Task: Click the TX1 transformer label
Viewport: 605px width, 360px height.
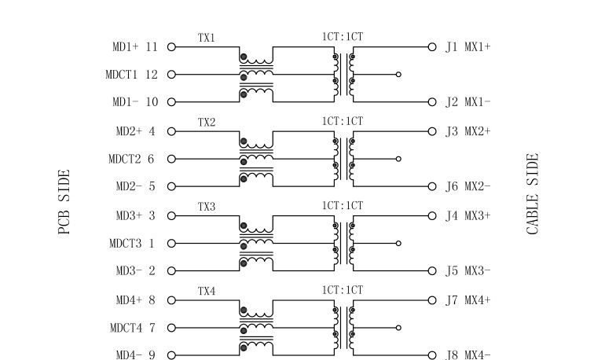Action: (206, 38)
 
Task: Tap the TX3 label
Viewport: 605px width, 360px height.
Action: (206, 207)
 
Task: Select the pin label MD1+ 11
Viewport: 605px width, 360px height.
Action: (134, 47)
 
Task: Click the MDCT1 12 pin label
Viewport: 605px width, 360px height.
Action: (131, 75)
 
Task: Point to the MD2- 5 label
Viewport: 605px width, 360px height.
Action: (135, 187)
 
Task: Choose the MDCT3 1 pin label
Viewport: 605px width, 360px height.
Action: (131, 244)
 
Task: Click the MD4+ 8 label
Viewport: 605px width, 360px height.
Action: (135, 300)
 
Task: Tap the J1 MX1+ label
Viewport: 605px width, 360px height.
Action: (468, 47)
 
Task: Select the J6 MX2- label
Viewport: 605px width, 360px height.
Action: (468, 187)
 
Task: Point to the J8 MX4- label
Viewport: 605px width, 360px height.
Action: (468, 355)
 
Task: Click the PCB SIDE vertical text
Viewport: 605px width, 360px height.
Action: (64, 202)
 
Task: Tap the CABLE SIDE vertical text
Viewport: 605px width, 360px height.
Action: (533, 194)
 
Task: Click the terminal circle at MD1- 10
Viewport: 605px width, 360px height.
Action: (171, 102)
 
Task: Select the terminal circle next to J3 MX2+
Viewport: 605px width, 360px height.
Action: (431, 131)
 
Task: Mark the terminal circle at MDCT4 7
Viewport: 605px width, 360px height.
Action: (171, 328)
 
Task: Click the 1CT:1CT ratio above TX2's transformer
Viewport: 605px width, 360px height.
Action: (343, 121)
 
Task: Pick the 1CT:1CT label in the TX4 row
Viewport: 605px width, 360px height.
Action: (343, 290)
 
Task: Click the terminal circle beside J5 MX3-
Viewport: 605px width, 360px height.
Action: (431, 271)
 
